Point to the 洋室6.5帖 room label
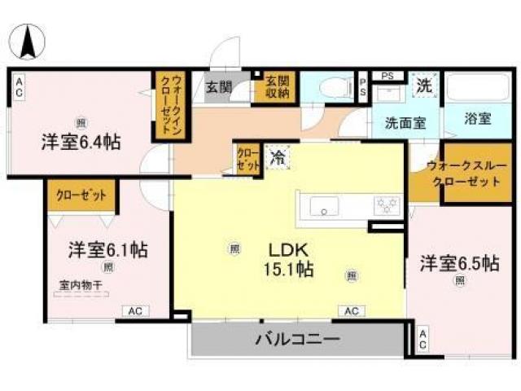[459, 263]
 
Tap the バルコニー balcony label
[297, 338]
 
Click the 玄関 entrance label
[217, 87]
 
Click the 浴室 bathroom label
[478, 118]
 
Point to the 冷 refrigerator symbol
[278, 155]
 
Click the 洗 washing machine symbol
[424, 84]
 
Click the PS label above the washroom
[387, 77]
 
